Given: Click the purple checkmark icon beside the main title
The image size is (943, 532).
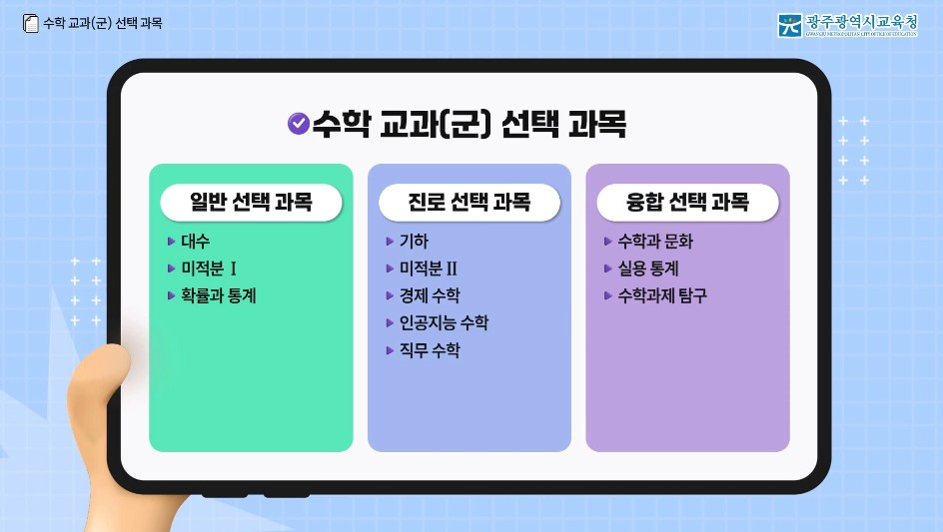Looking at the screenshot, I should click(298, 123).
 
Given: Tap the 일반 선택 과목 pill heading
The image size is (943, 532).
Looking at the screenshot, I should click(251, 203).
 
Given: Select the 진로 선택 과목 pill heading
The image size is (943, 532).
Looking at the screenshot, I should click(469, 203).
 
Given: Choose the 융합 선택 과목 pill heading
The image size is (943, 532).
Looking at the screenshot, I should click(687, 203).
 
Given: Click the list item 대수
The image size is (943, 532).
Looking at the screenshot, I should click(196, 242).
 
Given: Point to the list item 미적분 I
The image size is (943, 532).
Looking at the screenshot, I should click(209, 268).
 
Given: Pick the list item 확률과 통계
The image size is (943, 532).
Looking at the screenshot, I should click(219, 295).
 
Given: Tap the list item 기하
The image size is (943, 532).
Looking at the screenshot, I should click(414, 242).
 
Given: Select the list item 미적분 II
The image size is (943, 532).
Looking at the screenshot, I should click(428, 268).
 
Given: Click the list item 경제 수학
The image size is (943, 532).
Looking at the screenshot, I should click(430, 295).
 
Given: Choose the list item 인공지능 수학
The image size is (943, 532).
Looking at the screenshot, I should click(444, 322).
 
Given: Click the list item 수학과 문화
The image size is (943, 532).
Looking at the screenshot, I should click(655, 242).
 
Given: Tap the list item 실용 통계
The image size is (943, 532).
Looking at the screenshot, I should click(648, 268).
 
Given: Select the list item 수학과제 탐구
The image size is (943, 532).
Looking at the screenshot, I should click(662, 295).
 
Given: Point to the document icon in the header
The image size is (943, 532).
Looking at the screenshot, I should click(30, 23).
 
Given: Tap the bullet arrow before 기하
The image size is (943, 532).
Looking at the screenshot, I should click(390, 242).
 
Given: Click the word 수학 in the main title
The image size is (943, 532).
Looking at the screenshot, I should click(341, 124).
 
